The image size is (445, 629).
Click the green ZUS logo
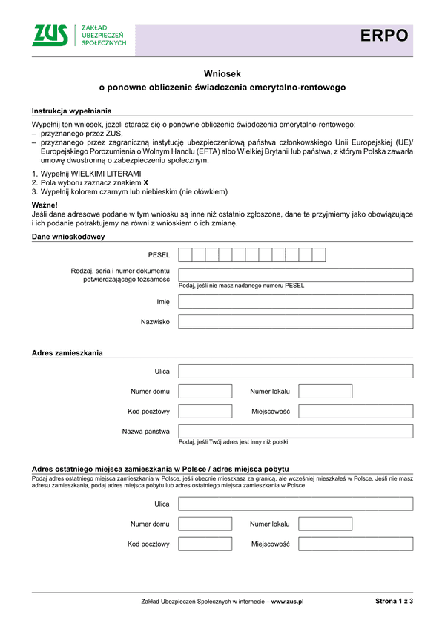click(x=50, y=35)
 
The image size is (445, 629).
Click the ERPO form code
click(x=384, y=35)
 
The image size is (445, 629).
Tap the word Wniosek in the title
click(x=222, y=73)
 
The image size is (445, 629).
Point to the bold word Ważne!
click(x=44, y=203)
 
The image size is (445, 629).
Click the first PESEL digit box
click(x=185, y=255)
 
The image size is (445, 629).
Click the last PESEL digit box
click(x=319, y=255)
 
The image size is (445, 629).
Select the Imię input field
click(x=295, y=302)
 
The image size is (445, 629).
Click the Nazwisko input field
click(x=295, y=322)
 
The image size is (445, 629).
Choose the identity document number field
click(x=295, y=275)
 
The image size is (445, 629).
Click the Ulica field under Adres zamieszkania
click(x=295, y=371)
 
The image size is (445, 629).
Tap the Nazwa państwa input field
click(x=295, y=431)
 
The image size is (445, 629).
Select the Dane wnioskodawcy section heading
click(x=68, y=237)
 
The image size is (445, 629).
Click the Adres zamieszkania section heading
click(x=67, y=352)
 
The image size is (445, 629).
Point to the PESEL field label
click(x=159, y=255)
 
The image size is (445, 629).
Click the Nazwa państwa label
click(x=145, y=431)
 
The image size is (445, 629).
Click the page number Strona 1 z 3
click(x=394, y=602)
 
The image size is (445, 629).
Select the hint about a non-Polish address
click(x=234, y=442)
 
